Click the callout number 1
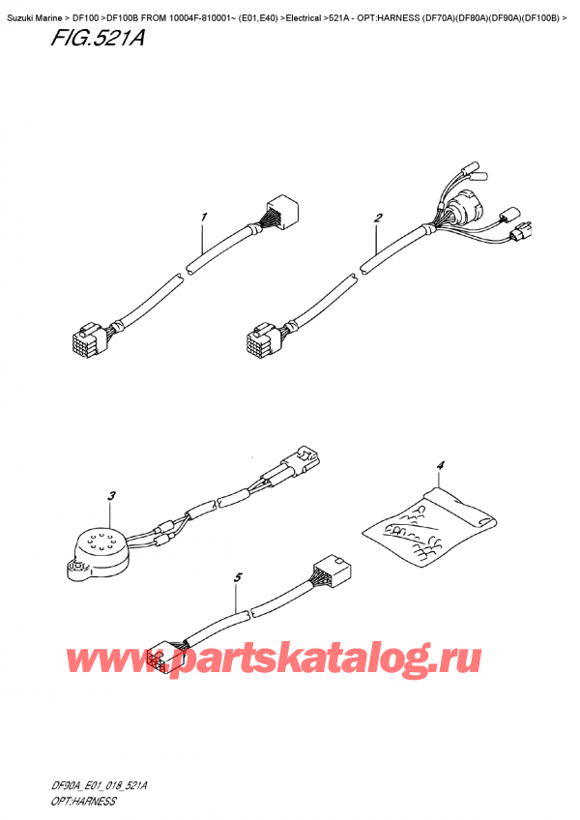coord(205,217)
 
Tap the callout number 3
coord(111,497)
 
